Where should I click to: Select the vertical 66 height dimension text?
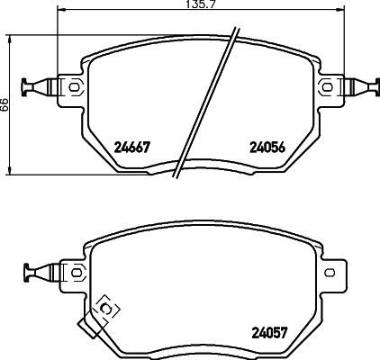(x=5, y=104)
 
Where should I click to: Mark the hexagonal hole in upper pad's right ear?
(x=327, y=86)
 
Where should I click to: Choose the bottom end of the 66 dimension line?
(x=11, y=174)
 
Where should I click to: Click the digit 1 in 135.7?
(x=180, y=5)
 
